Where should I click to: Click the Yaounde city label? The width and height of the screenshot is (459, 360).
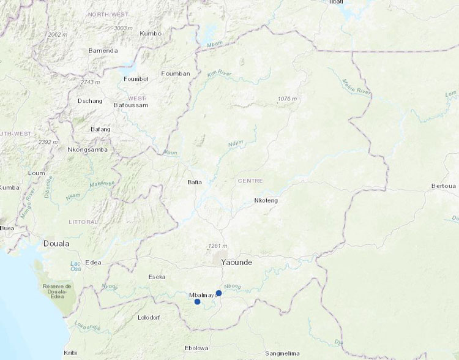click(x=236, y=262)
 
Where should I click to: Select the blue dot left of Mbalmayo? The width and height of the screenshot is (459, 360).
click(x=197, y=302)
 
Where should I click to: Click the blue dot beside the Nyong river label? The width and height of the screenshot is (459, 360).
click(x=218, y=293)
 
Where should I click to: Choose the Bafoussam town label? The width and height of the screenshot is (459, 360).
click(x=132, y=105)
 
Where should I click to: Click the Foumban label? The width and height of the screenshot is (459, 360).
click(x=175, y=73)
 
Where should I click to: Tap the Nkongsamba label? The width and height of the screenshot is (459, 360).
click(x=88, y=149)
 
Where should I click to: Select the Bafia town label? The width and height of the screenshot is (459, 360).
click(x=195, y=182)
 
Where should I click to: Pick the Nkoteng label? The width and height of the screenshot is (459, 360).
click(x=266, y=200)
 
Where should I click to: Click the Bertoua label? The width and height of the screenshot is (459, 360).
click(x=444, y=185)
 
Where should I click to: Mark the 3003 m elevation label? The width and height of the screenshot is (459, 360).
click(x=124, y=28)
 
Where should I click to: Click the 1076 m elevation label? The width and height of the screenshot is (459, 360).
click(x=287, y=99)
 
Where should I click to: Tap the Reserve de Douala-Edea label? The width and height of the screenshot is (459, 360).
click(x=57, y=290)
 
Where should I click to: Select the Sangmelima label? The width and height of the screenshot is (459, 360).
click(x=283, y=353)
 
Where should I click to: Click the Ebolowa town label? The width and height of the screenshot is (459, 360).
click(x=196, y=348)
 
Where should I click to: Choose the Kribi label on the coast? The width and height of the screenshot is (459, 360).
click(x=71, y=353)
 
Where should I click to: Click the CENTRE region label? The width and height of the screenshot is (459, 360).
click(x=250, y=181)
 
